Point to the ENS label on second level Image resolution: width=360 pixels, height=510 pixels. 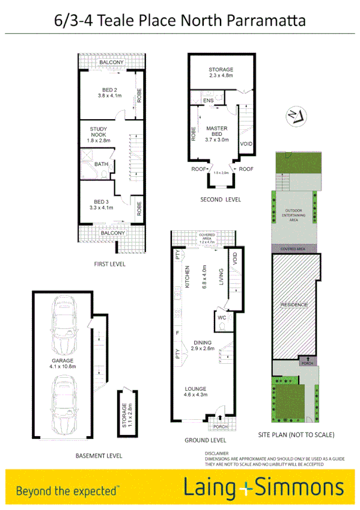[x=208, y=100]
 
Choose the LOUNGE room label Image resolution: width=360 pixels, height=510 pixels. [x=196, y=392]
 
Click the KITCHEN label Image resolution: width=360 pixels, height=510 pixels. [x=187, y=277]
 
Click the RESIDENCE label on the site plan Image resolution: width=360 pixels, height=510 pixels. [x=294, y=305]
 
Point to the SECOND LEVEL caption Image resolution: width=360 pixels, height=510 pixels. [x=220, y=199]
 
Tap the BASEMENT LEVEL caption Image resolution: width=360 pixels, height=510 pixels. [x=99, y=456]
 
